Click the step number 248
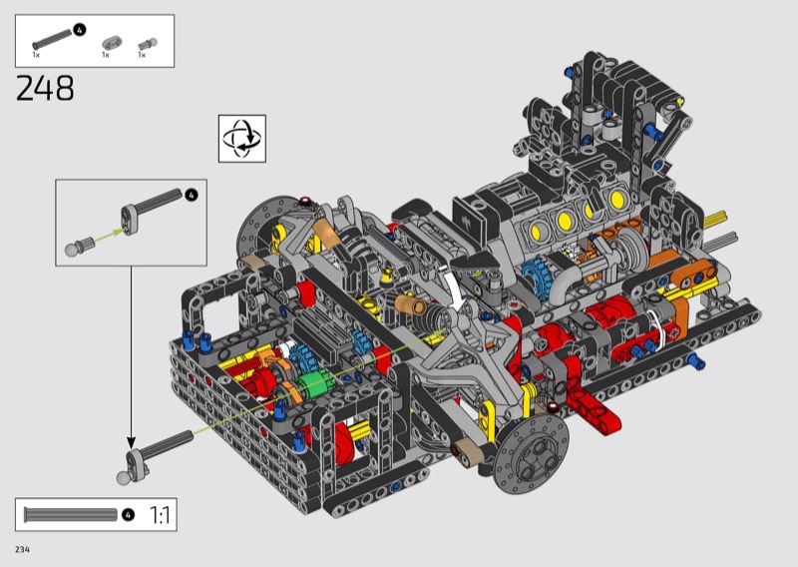(45, 88)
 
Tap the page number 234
(22, 549)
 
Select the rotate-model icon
(242, 139)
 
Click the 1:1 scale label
(160, 515)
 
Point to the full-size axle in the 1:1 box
(71, 514)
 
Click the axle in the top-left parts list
(52, 40)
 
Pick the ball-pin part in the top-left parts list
(147, 45)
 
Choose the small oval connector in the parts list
(112, 43)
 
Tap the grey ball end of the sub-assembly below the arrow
(123, 478)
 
